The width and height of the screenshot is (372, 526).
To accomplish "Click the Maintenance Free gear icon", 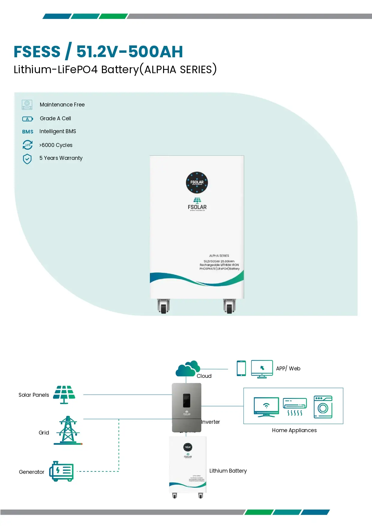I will point(27,105).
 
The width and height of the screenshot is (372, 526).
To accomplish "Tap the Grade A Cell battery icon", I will point(28,119).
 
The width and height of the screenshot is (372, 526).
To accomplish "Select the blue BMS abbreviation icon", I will point(28,132).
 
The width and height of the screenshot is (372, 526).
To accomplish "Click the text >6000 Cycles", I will point(56,145).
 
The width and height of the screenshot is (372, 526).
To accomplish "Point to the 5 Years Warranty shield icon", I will point(27,159).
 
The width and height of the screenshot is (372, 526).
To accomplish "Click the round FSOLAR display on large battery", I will point(197,182).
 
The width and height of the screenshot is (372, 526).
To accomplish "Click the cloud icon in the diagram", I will point(187,369).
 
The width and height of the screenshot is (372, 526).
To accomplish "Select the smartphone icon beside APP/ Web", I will point(241,368).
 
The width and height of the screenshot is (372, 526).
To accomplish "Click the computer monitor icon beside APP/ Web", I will point(262,369).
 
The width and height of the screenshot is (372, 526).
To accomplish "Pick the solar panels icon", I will point(64,394).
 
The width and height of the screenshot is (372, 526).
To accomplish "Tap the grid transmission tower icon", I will point(68,430).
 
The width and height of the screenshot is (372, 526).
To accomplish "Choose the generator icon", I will point(61,471).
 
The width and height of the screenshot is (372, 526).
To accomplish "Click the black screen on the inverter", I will point(186,401).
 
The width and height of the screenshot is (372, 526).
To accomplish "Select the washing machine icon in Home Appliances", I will point(323,407).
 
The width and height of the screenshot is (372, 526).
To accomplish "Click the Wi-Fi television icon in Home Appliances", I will point(266,407).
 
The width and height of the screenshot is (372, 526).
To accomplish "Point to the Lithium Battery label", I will point(228,471).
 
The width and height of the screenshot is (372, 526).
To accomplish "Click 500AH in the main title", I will point(156,52).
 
